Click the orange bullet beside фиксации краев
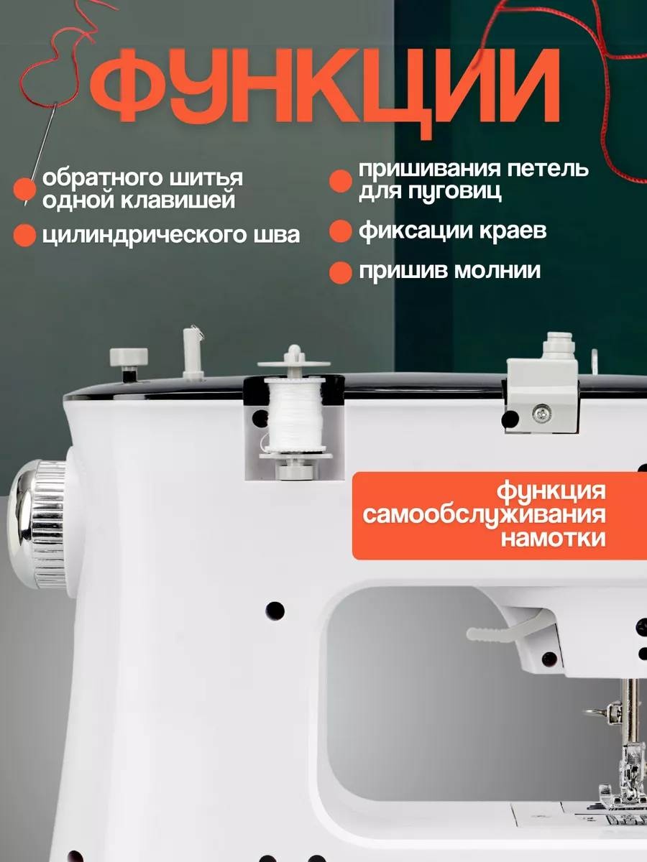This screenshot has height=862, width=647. point(340,231)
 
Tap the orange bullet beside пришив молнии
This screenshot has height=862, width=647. point(340,273)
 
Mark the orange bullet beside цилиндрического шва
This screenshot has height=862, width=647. point(24,236)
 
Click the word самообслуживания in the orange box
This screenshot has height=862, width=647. point(484,515)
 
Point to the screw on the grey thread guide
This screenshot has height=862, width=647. point(542,413)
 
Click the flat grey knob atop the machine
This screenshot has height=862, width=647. point(129,356)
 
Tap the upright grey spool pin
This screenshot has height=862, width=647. point(193,353)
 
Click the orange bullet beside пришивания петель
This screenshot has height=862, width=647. point(340,181)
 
